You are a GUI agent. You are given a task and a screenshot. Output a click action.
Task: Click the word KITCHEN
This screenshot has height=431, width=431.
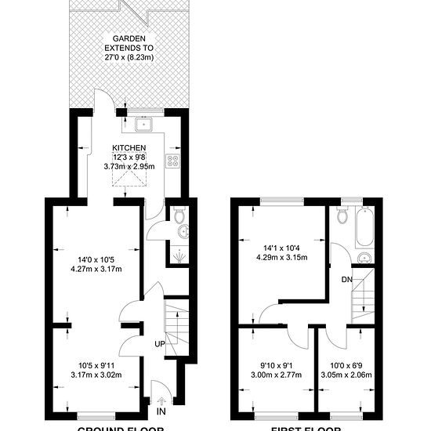pos(129,147)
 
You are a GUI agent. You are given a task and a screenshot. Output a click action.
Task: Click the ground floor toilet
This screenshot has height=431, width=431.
pos(179,213)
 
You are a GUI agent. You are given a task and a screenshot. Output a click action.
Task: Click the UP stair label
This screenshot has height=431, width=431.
pos(159,344)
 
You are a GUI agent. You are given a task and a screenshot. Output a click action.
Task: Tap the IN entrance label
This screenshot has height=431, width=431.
pos(161,411)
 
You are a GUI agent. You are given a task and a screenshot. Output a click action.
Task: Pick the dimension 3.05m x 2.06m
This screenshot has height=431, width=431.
pos(346,375)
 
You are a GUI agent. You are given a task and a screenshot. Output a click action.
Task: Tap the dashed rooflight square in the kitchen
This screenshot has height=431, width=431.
pos(130,179)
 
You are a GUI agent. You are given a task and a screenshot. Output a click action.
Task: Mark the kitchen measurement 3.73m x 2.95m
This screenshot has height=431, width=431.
pos(129,166)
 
